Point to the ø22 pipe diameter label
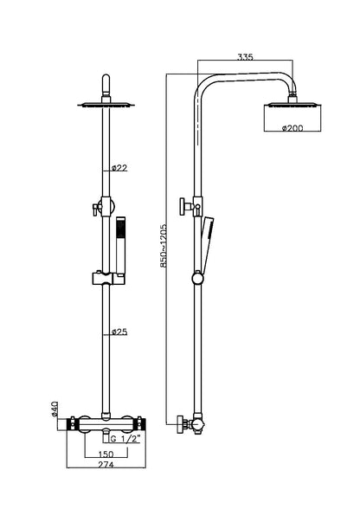coord(120,168)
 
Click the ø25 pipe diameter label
coord(120,332)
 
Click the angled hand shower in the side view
coord(209,242)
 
